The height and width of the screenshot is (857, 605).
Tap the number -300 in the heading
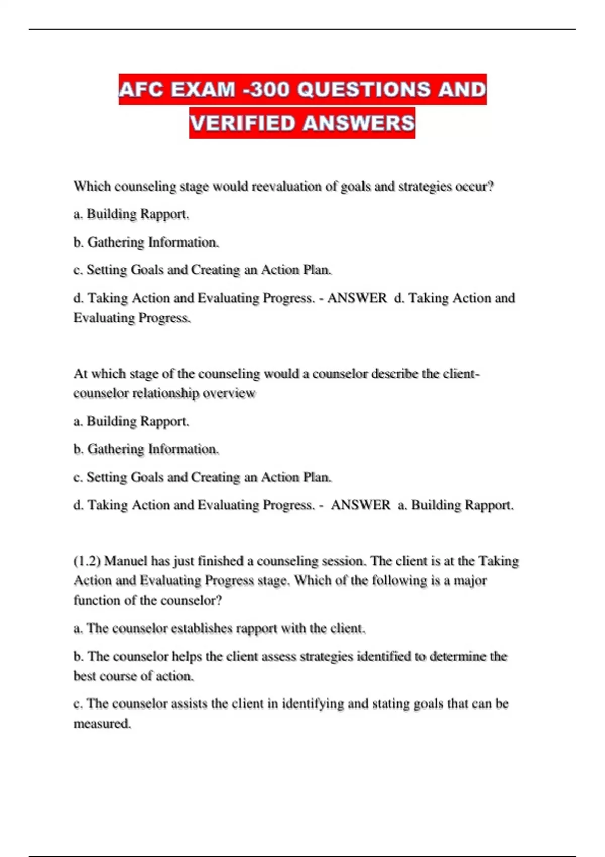pyautogui.click(x=266, y=90)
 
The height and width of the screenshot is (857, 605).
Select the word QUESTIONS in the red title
pyautogui.click(x=364, y=90)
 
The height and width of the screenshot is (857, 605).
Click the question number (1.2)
pyautogui.click(x=87, y=561)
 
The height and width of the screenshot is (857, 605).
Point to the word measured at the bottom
pyautogui.click(x=102, y=724)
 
